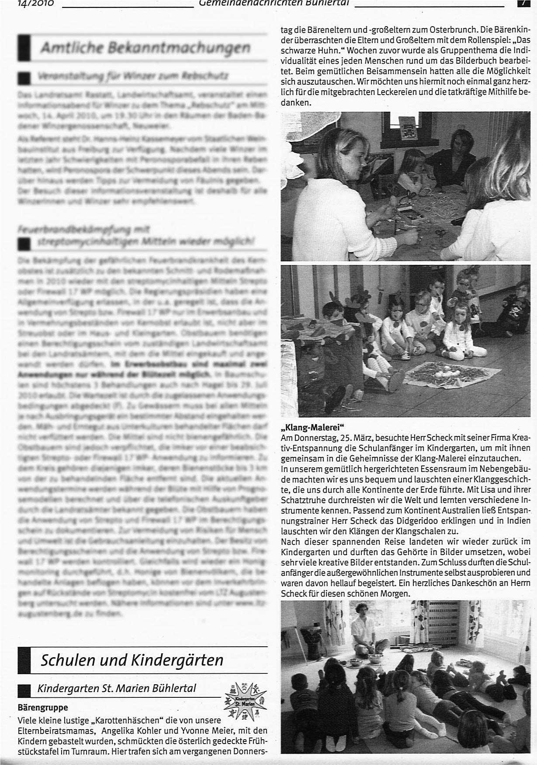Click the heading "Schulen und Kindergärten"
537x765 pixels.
[x=132, y=660]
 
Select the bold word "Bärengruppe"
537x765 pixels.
[x=43, y=706]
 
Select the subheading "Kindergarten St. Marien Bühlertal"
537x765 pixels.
[x=117, y=689]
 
